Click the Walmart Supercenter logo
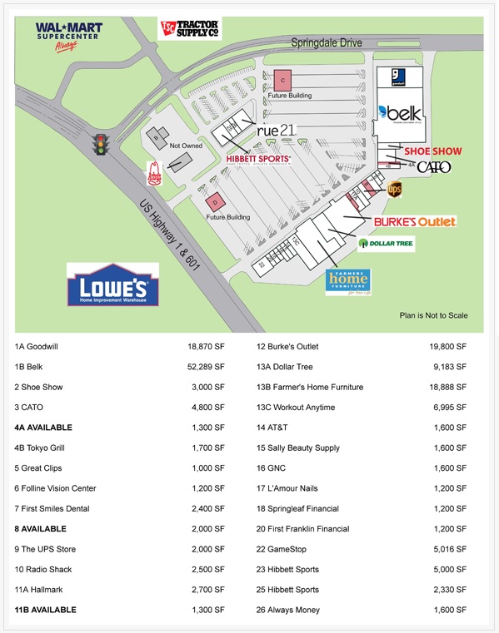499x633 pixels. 68,36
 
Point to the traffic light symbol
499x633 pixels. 102,145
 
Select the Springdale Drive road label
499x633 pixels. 326,42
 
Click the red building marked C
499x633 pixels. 283,80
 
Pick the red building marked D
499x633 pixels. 214,201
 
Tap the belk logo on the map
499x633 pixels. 401,111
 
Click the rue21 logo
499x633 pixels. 276,131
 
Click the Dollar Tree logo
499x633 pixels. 386,244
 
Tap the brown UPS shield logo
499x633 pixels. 394,190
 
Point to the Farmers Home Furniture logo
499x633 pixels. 347,282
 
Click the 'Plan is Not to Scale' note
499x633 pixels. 433,315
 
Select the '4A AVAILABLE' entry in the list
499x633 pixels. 43,428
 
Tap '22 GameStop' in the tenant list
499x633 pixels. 287,549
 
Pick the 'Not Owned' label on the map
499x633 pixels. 186,146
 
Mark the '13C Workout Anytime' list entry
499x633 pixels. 296,408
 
